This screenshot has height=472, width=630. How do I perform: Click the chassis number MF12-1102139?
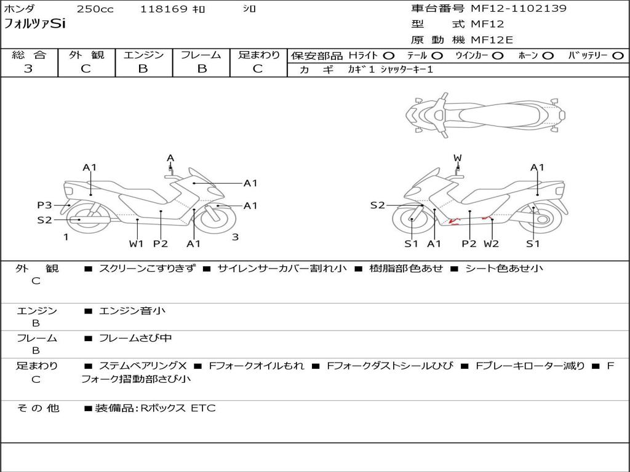click(519, 9)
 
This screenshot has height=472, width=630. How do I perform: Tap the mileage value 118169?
click(163, 9)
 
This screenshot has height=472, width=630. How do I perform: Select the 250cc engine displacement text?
click(95, 9)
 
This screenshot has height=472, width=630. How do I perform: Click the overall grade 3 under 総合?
click(28, 69)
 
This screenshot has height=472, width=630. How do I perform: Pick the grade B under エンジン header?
click(143, 69)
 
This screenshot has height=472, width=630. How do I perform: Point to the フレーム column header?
click(201, 55)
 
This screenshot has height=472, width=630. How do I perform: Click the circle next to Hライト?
click(389, 56)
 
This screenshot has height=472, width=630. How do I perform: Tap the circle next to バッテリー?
click(618, 56)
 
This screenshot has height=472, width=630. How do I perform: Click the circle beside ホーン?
click(548, 56)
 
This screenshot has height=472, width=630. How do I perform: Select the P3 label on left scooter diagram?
click(44, 205)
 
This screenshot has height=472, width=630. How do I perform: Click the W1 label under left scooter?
click(136, 243)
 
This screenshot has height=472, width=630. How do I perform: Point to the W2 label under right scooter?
click(491, 243)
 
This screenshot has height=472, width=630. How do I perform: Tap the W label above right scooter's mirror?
click(457, 158)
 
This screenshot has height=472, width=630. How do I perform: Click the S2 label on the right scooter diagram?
click(377, 205)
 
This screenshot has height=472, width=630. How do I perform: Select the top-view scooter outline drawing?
click(485, 115)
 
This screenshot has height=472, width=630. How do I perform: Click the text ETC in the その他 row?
click(203, 408)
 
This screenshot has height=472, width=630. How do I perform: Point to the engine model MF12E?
click(492, 40)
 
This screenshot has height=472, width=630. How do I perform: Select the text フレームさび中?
click(135, 339)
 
